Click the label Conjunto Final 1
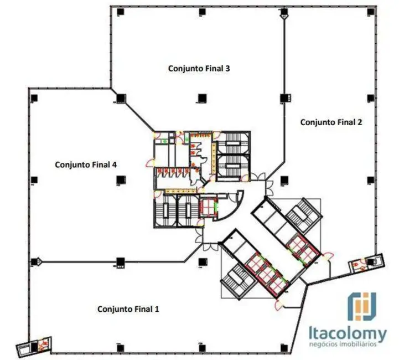click(x=128, y=308)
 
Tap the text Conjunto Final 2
click(x=331, y=122)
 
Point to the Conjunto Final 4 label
click(x=85, y=164)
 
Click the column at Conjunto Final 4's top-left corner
click(x=34, y=99)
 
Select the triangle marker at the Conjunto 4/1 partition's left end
click(x=38, y=260)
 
